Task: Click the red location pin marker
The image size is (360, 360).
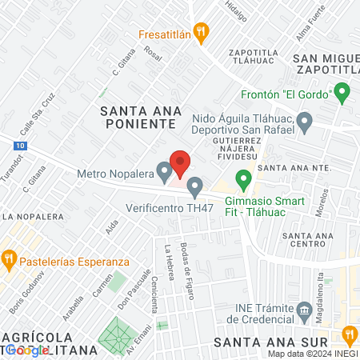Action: pyautogui.click(x=180, y=164)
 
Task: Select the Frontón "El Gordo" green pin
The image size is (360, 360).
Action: pyautogui.click(x=343, y=94)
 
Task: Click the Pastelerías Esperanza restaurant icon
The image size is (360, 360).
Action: pyautogui.click(x=10, y=258)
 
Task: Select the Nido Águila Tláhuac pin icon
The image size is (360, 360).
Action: pyautogui.click(x=304, y=122)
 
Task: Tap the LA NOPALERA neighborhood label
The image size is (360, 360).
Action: pyautogui.click(x=32, y=216)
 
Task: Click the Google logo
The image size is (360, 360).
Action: pyautogui.click(x=26, y=350)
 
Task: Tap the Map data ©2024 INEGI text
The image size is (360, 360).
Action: pyautogui.click(x=313, y=354)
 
